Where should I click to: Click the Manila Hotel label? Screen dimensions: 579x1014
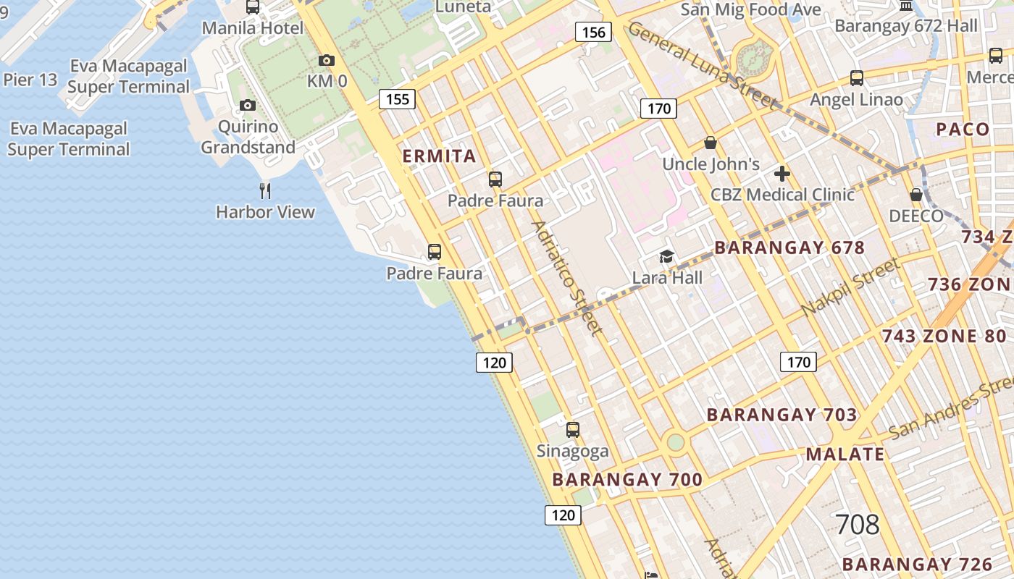click(x=252, y=28)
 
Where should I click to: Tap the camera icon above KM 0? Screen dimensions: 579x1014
click(x=327, y=61)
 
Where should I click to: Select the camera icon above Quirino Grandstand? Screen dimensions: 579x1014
click(x=248, y=106)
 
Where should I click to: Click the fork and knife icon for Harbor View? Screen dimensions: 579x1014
click(x=265, y=191)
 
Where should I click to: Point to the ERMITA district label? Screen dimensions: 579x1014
click(x=439, y=156)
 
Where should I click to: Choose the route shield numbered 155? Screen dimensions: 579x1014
click(x=398, y=99)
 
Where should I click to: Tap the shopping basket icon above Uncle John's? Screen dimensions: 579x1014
click(x=711, y=143)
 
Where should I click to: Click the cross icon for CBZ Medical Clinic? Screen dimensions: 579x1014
click(x=782, y=174)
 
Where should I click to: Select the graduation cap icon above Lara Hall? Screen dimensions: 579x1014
click(x=666, y=256)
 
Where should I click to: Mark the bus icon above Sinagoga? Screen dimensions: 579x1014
click(x=573, y=430)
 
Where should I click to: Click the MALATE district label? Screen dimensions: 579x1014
click(x=845, y=455)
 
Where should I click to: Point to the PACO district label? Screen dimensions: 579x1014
click(x=963, y=130)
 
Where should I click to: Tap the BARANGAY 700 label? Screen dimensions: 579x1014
click(x=627, y=479)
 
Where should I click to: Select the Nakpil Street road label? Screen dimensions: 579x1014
click(x=850, y=287)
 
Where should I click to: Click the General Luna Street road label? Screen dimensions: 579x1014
click(x=702, y=64)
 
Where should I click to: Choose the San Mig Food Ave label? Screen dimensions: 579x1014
click(x=751, y=9)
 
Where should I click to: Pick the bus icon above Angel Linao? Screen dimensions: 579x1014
click(x=857, y=78)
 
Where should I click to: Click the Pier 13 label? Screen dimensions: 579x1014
click(x=30, y=80)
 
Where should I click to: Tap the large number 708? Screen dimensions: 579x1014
click(x=858, y=525)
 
